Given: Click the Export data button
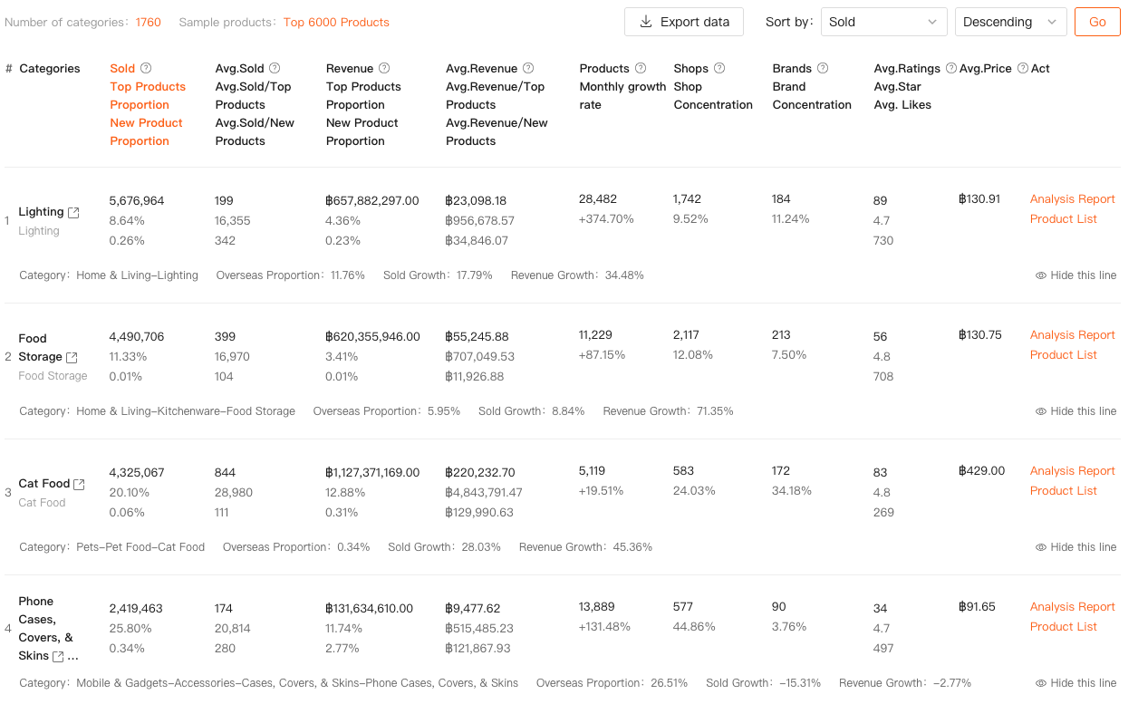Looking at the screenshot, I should pyautogui.click(x=683, y=22).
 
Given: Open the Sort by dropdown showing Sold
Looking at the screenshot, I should pyautogui.click(x=883, y=22).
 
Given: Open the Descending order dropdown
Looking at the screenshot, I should pyautogui.click(x=1010, y=22).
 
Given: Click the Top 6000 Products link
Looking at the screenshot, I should pyautogui.click(x=336, y=22).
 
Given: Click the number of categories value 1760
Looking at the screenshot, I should pyautogui.click(x=149, y=22).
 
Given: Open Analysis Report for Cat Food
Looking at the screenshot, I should pyautogui.click(x=1072, y=471).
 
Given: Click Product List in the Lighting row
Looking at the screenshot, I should pyautogui.click(x=1063, y=219).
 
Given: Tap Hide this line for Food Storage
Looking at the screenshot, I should pyautogui.click(x=1075, y=411).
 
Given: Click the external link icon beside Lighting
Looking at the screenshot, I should pyautogui.click(x=74, y=212).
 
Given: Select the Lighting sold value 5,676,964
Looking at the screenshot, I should pyautogui.click(x=137, y=201).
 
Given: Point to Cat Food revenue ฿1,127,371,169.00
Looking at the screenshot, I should pyautogui.click(x=372, y=473).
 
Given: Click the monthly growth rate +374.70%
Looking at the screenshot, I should pyautogui.click(x=606, y=219).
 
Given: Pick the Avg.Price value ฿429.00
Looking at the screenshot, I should pyautogui.click(x=981, y=471).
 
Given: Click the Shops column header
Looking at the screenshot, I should pyautogui.click(x=691, y=69).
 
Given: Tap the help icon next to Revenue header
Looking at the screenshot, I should pyautogui.click(x=384, y=69).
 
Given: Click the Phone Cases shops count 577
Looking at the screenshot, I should pyautogui.click(x=683, y=607).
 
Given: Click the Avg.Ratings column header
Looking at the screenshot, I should pyautogui.click(x=907, y=69).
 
